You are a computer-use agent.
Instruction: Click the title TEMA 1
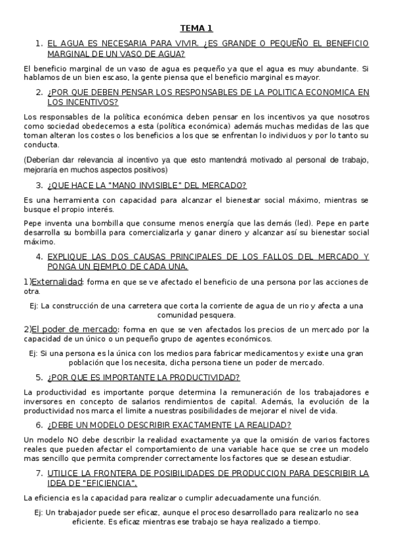(x=196, y=28)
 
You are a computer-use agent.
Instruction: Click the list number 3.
(x=39, y=185)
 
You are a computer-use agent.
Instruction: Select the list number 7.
(x=39, y=473)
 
